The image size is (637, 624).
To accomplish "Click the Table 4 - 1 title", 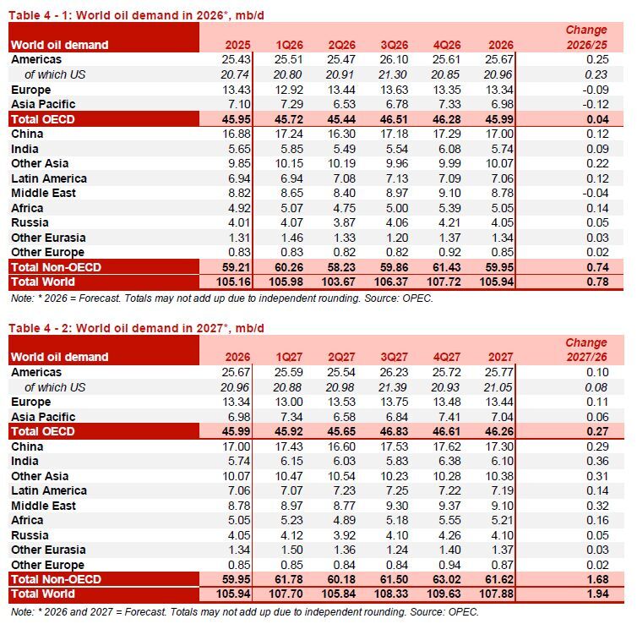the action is point(137,15).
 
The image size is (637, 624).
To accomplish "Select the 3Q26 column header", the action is point(394,45).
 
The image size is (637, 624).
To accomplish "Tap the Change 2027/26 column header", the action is point(586,349).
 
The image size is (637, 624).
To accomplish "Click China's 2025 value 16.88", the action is point(237,134).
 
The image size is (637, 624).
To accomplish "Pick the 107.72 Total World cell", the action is point(444,282).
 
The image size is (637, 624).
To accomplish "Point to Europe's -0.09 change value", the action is point(596,90).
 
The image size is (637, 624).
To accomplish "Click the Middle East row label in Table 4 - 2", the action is point(43,506).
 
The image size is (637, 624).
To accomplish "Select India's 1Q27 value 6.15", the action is point(291,461).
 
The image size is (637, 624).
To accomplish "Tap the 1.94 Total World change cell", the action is point(597,594).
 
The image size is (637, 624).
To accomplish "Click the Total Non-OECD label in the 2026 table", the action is point(56,267).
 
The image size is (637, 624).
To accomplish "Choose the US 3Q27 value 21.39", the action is point(393,387).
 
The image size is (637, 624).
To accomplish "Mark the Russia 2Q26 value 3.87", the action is point(344,222).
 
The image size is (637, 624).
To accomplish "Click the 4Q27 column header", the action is point(446,357).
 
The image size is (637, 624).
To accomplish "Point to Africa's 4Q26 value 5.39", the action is point(449,208).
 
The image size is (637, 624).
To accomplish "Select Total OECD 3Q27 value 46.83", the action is point(394,431).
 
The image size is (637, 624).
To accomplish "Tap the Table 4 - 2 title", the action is point(137,328).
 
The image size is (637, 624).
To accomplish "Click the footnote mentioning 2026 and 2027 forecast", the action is point(245,611).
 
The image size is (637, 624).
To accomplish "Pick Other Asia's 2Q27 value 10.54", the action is point(341,476).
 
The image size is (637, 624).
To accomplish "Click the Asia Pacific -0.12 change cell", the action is point(596,104).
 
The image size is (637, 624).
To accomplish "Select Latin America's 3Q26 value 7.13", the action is point(397,178).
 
